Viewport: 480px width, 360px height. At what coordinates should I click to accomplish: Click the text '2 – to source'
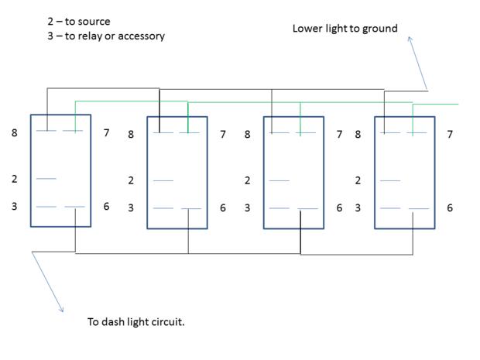[x=79, y=22]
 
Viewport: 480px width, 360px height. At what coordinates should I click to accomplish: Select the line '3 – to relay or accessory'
[x=106, y=36]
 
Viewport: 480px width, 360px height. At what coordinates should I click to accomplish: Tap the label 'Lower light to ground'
[x=345, y=29]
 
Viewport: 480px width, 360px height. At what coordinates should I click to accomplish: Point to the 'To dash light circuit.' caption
[x=135, y=321]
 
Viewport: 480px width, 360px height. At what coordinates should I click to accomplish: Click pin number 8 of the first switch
[x=14, y=133]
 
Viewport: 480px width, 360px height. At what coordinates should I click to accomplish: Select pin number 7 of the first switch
[x=106, y=133]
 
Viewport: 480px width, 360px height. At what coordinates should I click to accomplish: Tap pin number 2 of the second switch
[x=131, y=180]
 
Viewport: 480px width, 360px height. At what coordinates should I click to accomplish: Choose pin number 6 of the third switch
[x=339, y=207]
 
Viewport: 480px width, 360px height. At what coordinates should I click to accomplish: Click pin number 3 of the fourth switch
[x=358, y=207]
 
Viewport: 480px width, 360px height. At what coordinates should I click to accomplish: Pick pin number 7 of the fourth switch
[x=450, y=135]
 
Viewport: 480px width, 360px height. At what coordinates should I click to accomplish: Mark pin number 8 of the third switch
[x=247, y=135]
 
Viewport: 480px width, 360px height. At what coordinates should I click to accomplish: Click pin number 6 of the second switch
[x=222, y=207]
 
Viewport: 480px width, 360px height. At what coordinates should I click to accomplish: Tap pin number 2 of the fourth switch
[x=358, y=180]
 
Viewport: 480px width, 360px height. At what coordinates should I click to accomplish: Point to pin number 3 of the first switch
[x=14, y=206]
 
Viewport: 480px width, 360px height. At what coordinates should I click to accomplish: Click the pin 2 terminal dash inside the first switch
[x=46, y=179]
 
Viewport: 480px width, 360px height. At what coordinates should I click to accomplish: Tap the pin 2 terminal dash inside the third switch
[x=279, y=180]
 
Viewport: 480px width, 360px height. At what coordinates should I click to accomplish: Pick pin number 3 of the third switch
[x=247, y=207]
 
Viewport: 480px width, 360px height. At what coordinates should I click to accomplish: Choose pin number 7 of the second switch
[x=222, y=135]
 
